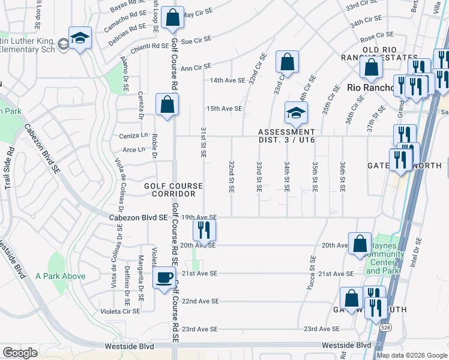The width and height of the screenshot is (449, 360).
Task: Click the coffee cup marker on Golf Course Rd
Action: [164, 277]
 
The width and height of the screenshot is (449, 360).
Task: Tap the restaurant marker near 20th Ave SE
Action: [204, 229]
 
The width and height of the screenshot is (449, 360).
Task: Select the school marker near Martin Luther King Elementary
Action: [79, 38]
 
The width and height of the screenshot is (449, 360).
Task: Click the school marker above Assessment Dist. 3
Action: [295, 112]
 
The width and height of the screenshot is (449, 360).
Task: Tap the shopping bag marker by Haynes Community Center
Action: [360, 244]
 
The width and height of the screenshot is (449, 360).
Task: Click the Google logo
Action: [20, 353]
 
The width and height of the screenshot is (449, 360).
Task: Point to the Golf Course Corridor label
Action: [173, 190]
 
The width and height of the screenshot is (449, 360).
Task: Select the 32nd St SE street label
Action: [231, 176]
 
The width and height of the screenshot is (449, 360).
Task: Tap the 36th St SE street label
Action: [342, 176]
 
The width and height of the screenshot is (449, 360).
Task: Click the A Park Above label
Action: [60, 276]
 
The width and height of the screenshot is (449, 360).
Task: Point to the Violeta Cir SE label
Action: [119, 311]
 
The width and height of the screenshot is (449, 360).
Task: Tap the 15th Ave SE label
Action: [224, 109]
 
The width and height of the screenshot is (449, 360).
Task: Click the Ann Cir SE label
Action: [196, 67]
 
